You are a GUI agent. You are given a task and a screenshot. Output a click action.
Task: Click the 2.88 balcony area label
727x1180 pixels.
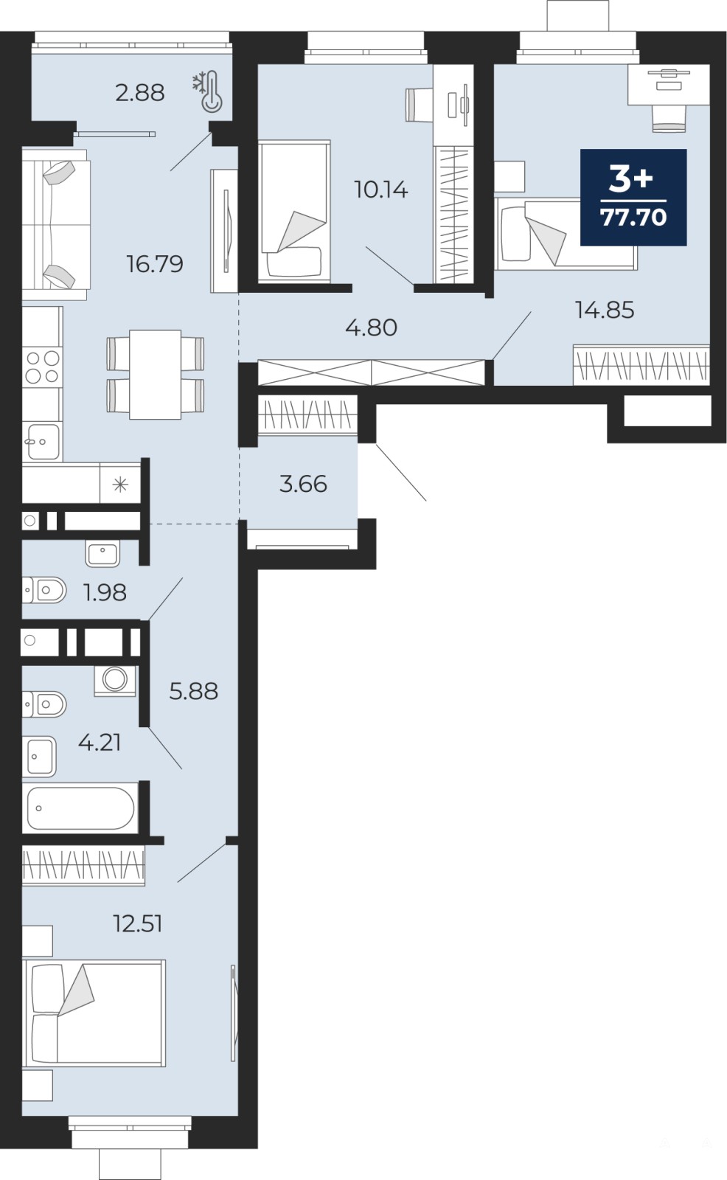coord(139,93)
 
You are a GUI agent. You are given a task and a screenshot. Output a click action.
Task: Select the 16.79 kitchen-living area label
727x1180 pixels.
coord(155,264)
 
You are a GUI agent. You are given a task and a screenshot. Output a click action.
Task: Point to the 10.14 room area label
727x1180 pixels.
coord(381,190)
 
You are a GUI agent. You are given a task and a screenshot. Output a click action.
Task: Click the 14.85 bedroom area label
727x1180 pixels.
coord(605,310)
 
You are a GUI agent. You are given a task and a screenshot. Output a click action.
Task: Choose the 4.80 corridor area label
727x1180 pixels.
coord(372,327)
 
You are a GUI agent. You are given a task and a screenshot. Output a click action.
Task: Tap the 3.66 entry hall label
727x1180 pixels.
coord(303,484)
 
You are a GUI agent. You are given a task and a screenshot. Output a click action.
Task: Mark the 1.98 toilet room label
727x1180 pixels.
coord(105,593)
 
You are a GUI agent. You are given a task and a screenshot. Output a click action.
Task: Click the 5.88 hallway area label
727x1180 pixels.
coord(193,690)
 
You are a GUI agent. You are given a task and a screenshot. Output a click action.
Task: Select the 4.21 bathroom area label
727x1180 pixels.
coord(100,742)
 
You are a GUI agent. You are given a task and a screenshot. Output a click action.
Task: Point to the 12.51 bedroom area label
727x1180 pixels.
coord(138,923)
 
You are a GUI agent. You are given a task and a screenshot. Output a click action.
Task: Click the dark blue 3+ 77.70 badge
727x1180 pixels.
coord(633,197)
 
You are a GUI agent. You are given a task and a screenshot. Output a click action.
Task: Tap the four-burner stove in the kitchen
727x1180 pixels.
coord(43,367)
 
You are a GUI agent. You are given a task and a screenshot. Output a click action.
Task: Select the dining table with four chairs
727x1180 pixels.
coord(156,375)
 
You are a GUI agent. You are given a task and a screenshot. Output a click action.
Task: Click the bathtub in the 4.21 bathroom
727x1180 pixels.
coord(80,808)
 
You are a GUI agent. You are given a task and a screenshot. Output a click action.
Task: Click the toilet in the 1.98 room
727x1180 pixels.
coord(44,590)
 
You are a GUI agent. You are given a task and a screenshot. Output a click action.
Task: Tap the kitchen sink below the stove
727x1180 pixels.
coord(42,442)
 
